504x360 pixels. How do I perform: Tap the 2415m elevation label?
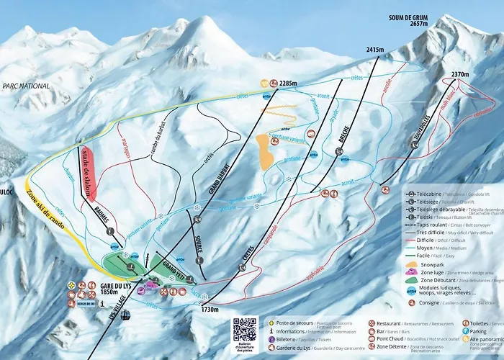tap(375, 50)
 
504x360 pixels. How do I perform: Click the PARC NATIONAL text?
tap(26, 86)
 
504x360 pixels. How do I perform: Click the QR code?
tap(245, 329)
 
